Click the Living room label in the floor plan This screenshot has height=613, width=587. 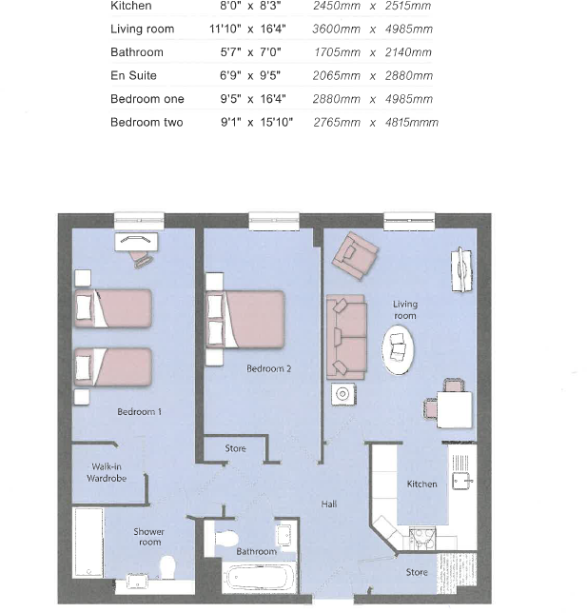coord(405,310)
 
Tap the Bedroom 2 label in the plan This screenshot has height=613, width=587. coord(269,368)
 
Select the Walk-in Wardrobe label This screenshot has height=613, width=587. coord(108,472)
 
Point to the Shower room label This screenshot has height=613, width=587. coord(148,537)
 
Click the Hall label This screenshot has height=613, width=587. coord(328,504)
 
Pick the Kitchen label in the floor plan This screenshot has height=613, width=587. coord(421,484)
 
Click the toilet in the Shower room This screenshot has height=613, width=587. coord(167,568)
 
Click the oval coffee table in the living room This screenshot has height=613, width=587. coord(400,352)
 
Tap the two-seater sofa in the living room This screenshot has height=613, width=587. coord(345,336)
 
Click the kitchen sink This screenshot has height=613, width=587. coord(462,482)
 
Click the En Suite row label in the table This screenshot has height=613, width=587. coord(133,75)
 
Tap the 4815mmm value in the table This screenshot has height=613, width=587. coord(411,123)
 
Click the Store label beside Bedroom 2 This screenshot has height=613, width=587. coord(235,448)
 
